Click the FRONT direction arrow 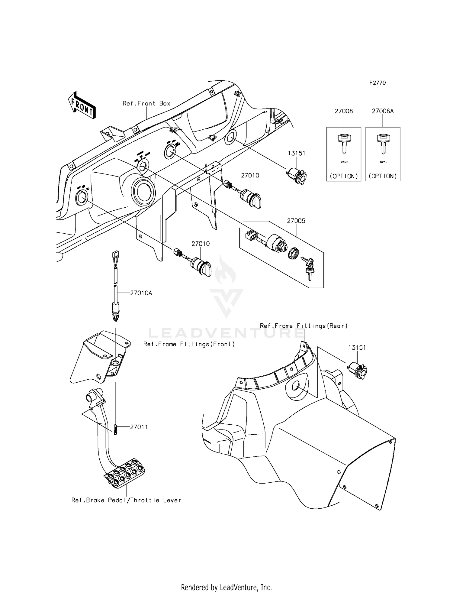(82, 105)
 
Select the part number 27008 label (344, 111)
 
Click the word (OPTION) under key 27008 (344, 176)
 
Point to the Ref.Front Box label (146, 103)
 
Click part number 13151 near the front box (296, 153)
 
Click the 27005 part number (296, 221)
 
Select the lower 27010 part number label (201, 244)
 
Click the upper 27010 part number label (250, 175)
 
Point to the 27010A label (141, 293)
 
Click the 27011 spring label (139, 427)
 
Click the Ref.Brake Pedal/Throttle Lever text (126, 500)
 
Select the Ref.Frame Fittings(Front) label (189, 344)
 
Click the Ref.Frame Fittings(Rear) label (304, 326)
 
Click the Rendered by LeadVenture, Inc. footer (226, 587)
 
